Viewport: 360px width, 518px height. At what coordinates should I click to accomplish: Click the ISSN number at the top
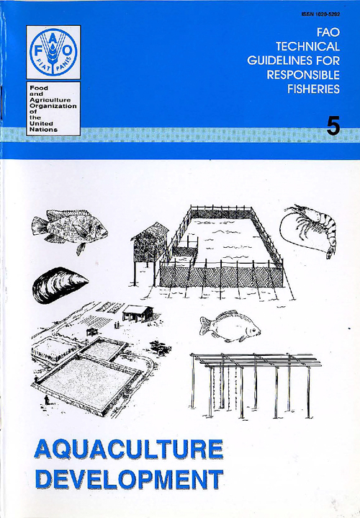(318, 14)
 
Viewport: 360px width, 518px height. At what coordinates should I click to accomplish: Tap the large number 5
(333, 126)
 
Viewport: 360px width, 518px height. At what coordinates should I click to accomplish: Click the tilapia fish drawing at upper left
(68, 229)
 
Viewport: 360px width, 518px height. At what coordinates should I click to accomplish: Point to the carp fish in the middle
(229, 325)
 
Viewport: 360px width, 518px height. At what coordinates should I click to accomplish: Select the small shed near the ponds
(138, 313)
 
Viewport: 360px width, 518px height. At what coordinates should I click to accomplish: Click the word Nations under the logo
(40, 130)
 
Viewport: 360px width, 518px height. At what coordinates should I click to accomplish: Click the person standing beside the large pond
(45, 399)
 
